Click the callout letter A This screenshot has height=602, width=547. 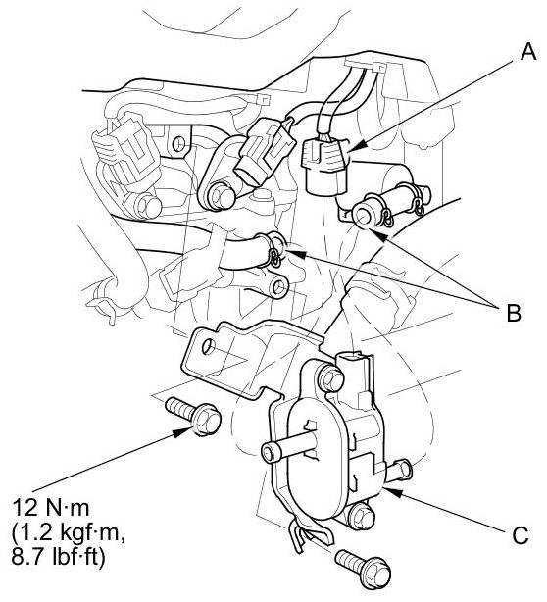(528, 52)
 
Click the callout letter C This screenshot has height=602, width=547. (521, 534)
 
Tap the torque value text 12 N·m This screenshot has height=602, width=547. (51, 508)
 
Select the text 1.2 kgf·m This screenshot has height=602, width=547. (69, 532)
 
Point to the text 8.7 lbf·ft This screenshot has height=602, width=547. (58, 557)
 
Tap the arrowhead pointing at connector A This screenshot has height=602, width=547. (357, 147)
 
